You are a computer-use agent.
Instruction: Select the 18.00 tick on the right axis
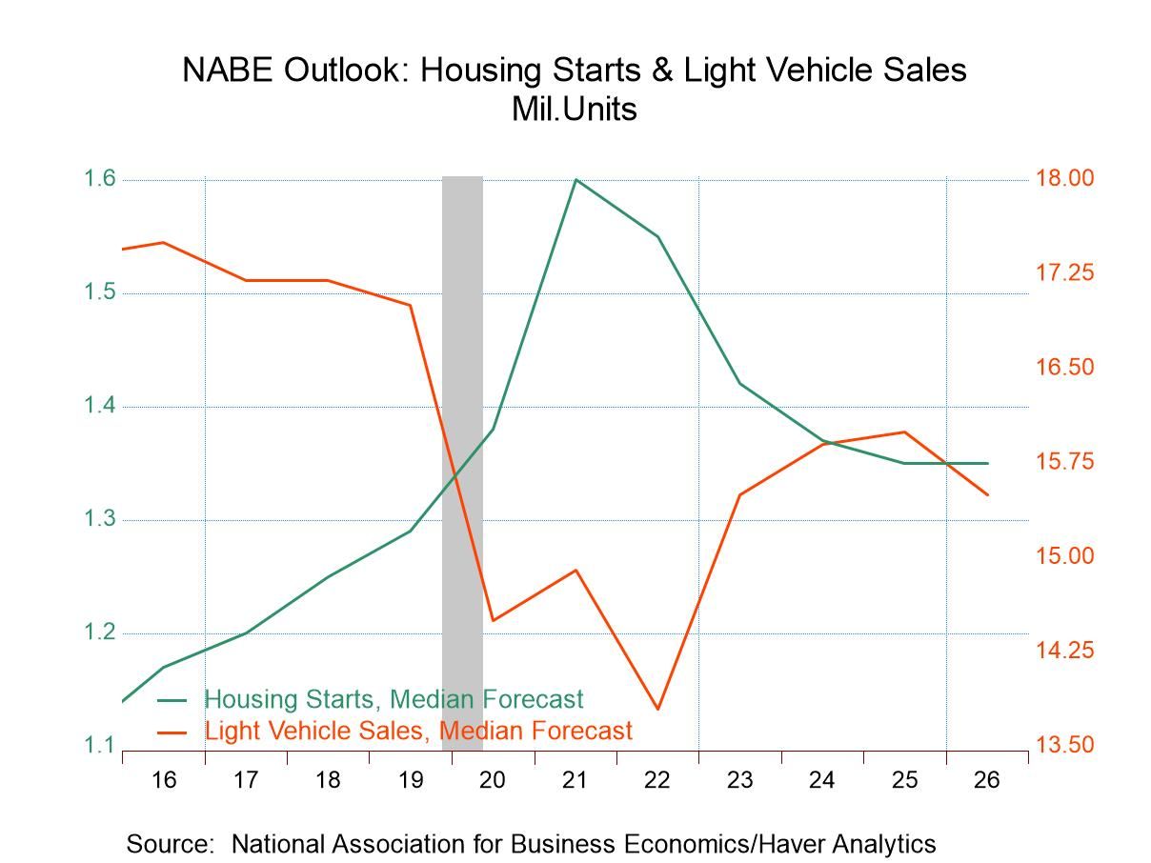coord(1066,178)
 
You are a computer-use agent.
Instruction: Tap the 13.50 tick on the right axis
coord(1066,745)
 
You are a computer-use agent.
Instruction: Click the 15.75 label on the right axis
coord(1066,462)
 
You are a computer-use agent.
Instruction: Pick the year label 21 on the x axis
coord(575,780)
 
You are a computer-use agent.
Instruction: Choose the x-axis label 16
coord(164,780)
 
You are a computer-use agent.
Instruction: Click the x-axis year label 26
coord(987,780)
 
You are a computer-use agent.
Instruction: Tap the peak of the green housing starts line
coord(575,180)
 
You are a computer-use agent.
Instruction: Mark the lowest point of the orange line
coord(657,709)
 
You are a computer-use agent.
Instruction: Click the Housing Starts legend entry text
coord(394,699)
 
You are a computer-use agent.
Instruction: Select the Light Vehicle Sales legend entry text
coord(418,731)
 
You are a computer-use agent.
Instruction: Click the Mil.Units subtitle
coord(574,109)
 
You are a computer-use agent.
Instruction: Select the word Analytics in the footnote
coord(878,843)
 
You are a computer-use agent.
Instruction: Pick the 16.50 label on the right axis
coord(1066,368)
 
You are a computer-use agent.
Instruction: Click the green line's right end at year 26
coord(987,463)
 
